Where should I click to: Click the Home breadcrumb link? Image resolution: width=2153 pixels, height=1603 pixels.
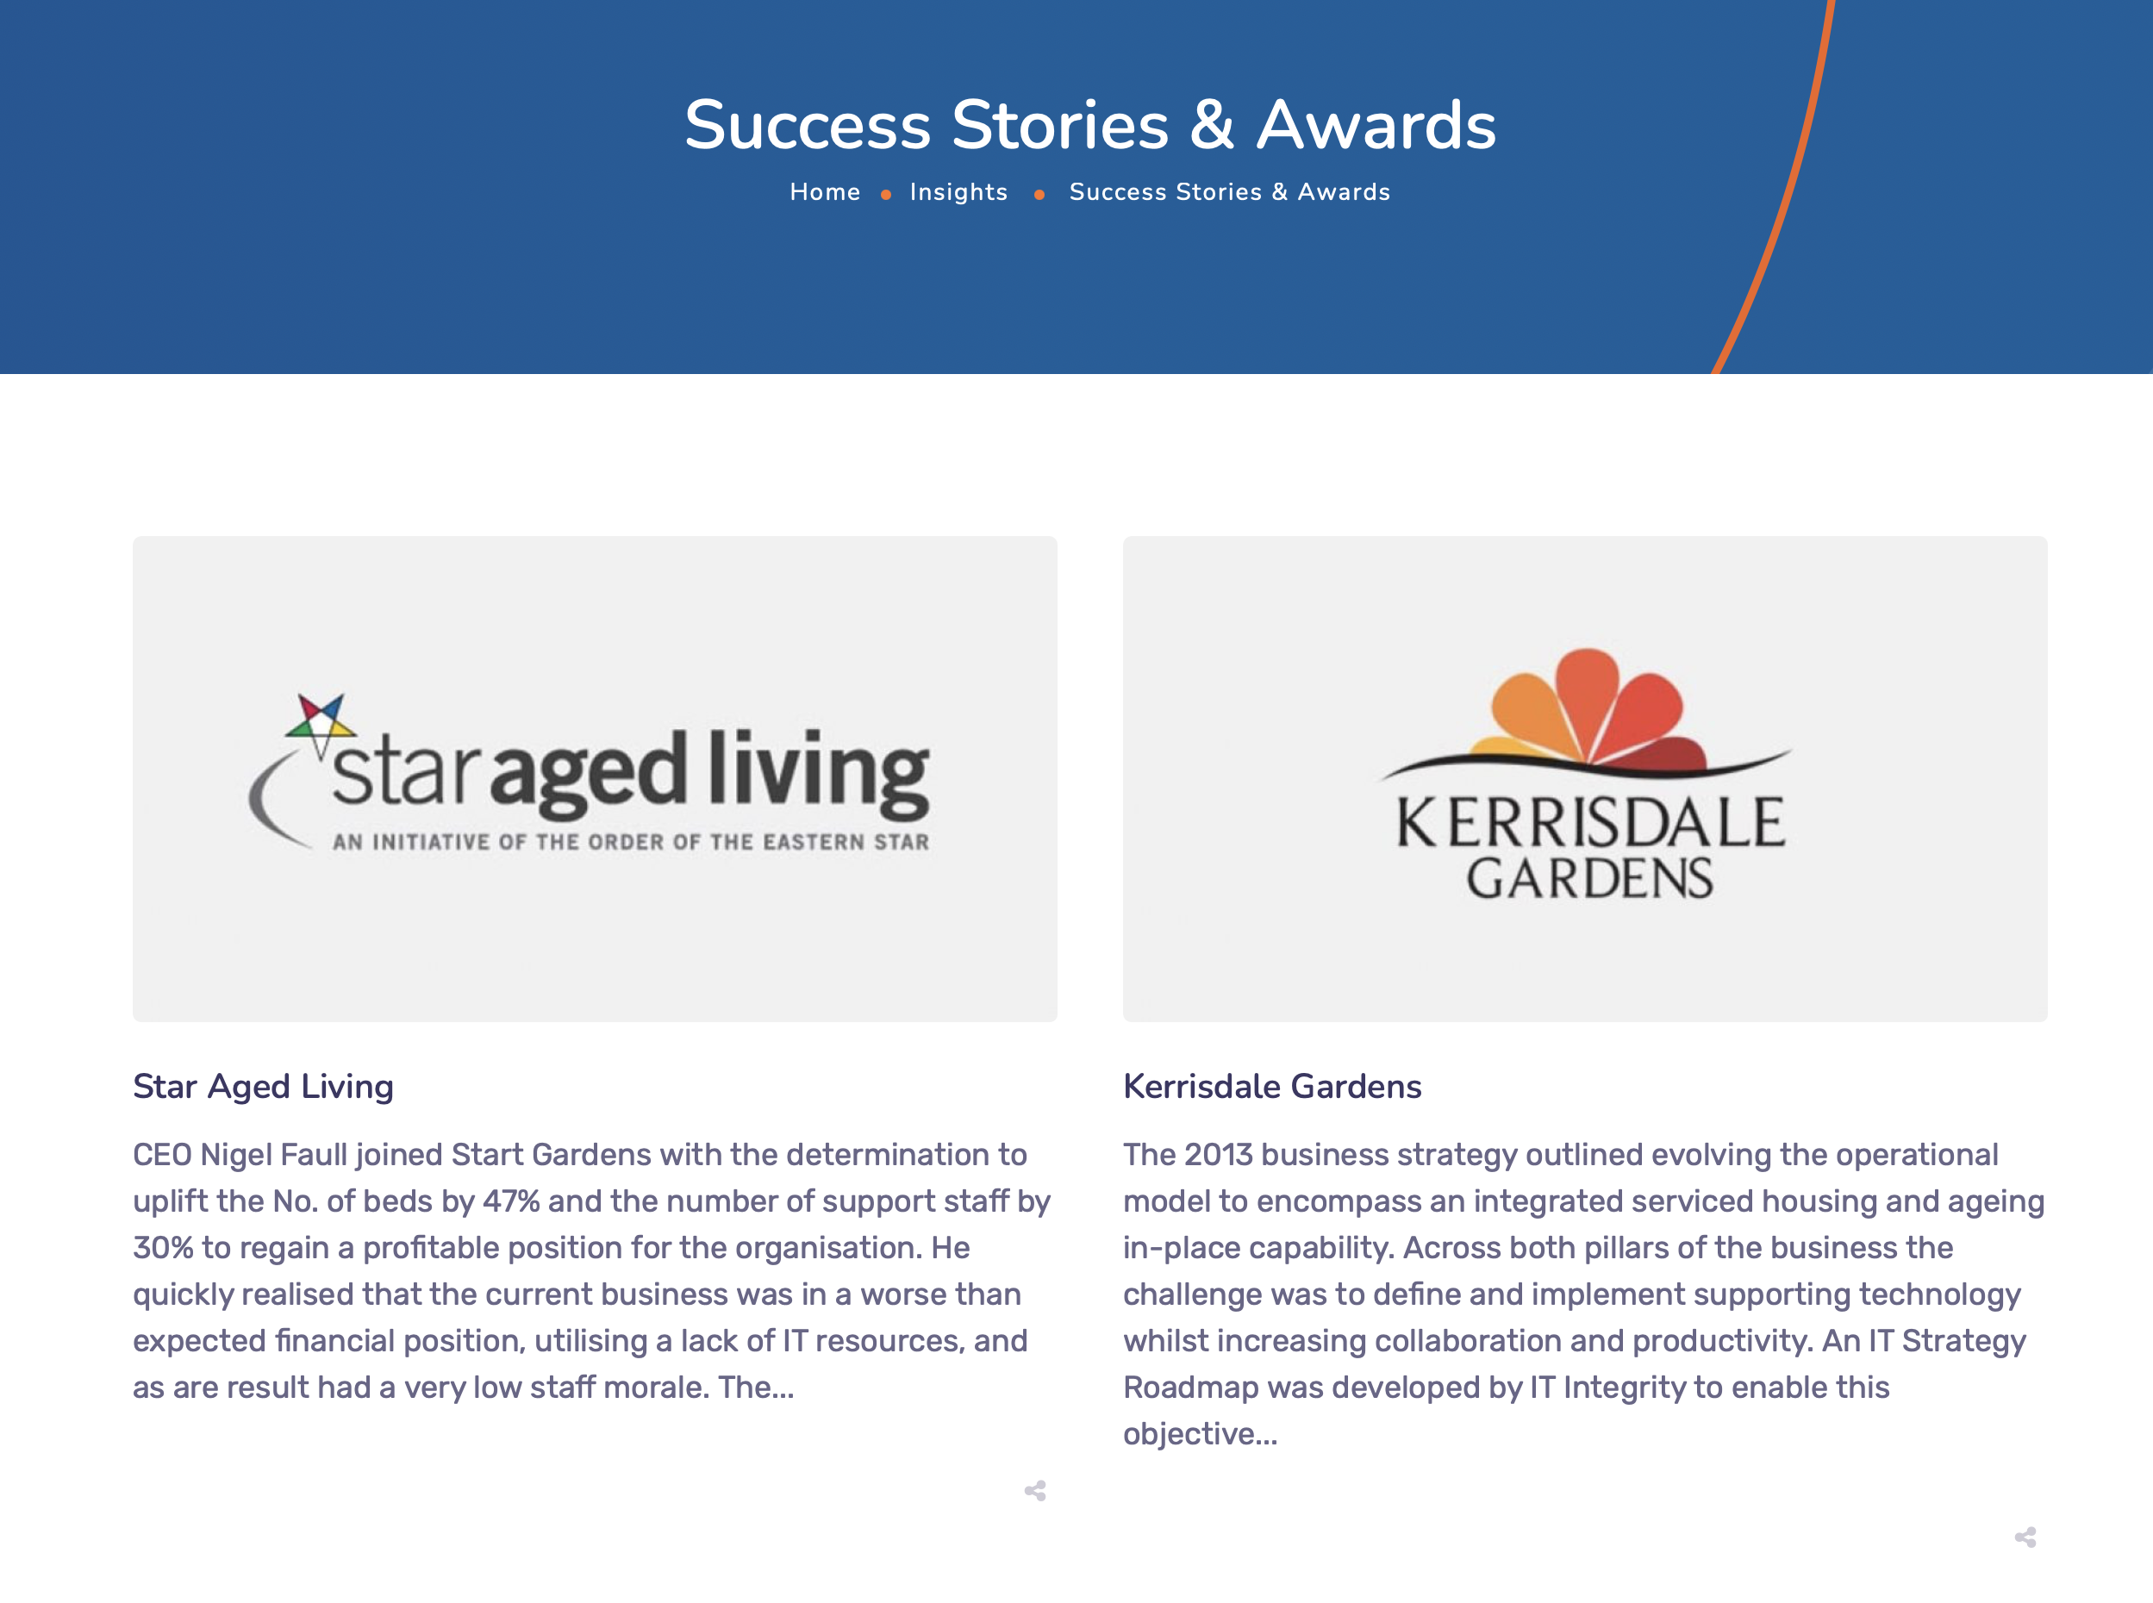pyautogui.click(x=825, y=192)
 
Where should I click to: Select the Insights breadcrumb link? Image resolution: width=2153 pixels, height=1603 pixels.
pyautogui.click(x=958, y=193)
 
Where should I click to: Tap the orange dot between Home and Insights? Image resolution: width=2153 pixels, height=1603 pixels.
pyautogui.click(x=886, y=195)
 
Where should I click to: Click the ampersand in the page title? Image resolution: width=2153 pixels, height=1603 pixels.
pyautogui.click(x=1212, y=125)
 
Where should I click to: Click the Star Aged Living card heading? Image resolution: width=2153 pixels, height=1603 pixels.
pyautogui.click(x=263, y=1087)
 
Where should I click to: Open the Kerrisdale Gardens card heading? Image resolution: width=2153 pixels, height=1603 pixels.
pyautogui.click(x=1272, y=1087)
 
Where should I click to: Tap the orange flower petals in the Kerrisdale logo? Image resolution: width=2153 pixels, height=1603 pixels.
pyautogui.click(x=1588, y=708)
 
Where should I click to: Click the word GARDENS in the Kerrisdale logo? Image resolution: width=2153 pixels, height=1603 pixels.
pyautogui.click(x=1589, y=878)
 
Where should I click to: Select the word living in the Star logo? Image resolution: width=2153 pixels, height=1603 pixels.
pyautogui.click(x=818, y=772)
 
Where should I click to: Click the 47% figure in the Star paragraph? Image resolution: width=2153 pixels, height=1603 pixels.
pyautogui.click(x=511, y=1201)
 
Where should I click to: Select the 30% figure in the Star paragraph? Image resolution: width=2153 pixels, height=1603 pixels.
pyautogui.click(x=163, y=1248)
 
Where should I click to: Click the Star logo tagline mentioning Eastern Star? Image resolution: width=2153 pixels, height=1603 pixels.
pyautogui.click(x=631, y=842)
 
